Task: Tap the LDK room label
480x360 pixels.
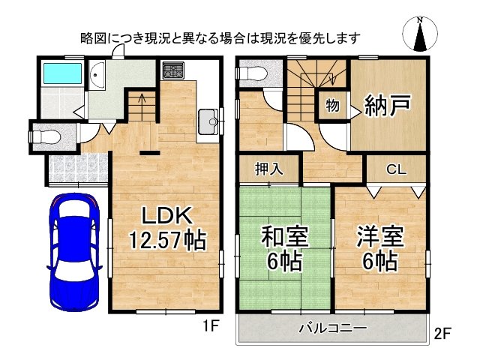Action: pyautogui.click(x=169, y=216)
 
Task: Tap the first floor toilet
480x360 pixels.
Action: pyautogui.click(x=42, y=136)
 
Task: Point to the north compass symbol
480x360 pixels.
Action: pyautogui.click(x=421, y=34)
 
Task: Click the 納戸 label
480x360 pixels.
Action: pyautogui.click(x=388, y=105)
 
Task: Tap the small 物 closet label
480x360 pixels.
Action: pyautogui.click(x=331, y=105)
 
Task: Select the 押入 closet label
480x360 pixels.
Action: pyautogui.click(x=270, y=169)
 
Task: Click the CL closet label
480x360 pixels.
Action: pyautogui.click(x=396, y=170)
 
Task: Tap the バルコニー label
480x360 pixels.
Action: pyautogui.click(x=332, y=328)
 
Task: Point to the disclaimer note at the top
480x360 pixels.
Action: pyautogui.click(x=220, y=37)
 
